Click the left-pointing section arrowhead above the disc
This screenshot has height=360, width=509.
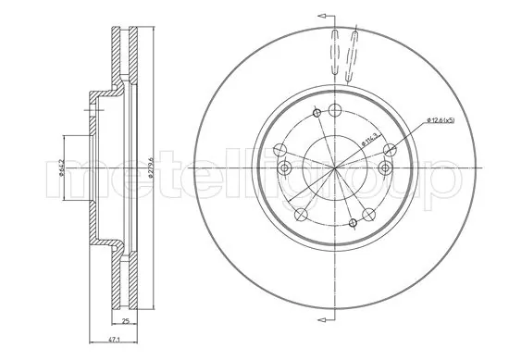coord(321,16)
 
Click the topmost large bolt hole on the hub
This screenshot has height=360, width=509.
coord(317,113)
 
